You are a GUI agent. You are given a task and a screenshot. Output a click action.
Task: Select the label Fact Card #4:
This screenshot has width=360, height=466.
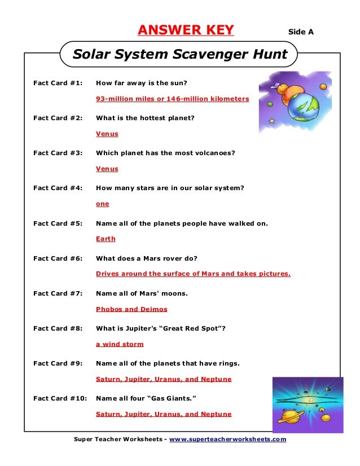[x=58, y=188]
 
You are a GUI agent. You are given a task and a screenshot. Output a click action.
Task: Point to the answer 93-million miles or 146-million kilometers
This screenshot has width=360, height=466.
[x=172, y=99]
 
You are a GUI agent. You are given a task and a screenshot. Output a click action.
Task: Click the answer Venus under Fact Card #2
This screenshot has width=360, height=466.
[x=107, y=134]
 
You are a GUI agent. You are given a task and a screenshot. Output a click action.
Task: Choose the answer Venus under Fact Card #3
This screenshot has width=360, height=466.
[x=107, y=169]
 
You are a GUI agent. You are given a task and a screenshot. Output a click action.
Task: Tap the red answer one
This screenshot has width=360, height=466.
[x=103, y=204]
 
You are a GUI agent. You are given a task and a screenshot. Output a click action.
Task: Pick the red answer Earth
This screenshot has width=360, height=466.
[x=106, y=239]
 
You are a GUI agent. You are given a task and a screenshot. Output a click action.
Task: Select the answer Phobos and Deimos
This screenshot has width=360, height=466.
[x=131, y=309]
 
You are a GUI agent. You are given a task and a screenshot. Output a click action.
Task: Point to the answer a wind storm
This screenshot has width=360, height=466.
[x=120, y=344]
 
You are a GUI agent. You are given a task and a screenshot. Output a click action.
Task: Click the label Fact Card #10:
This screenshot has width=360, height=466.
[x=60, y=398]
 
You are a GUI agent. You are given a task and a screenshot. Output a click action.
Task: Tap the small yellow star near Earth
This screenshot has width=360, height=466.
[x=273, y=121]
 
